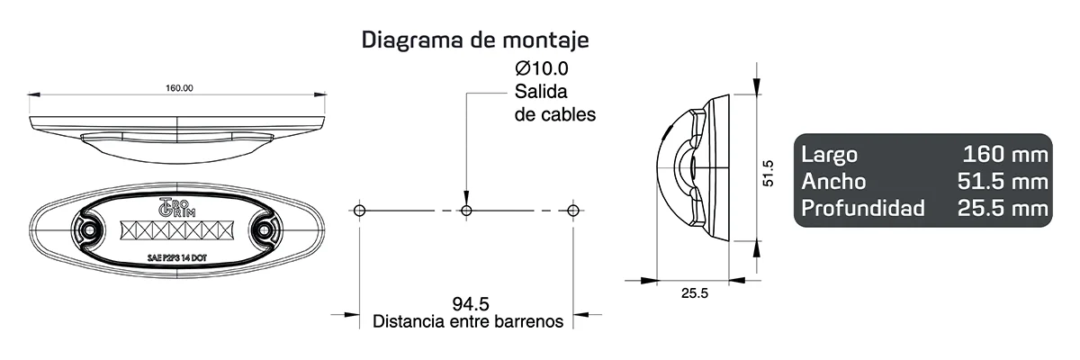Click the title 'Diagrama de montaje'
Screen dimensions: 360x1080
475,40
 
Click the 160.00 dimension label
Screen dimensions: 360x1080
179,88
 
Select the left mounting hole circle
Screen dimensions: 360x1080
359,210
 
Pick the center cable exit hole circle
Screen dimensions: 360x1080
466,210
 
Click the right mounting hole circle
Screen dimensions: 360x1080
573,210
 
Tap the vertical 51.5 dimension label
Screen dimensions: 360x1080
768,173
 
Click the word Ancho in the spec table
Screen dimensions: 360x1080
833,181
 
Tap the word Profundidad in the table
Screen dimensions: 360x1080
862,209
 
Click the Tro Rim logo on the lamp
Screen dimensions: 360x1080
171,205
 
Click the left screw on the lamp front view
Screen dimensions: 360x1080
90,231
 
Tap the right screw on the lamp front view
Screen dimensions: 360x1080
265,231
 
